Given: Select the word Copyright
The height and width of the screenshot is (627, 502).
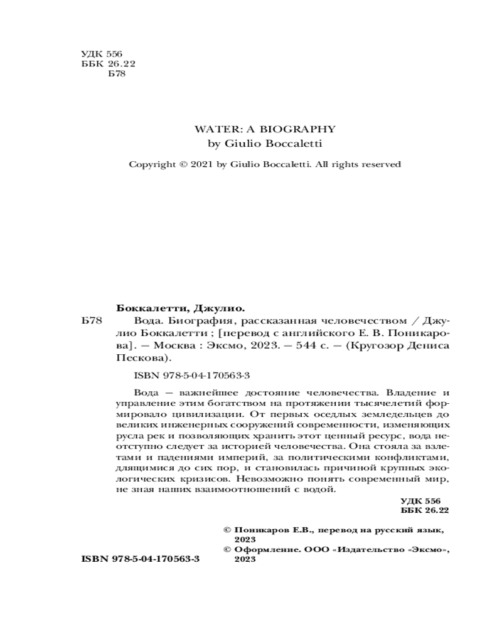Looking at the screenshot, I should (x=151, y=164).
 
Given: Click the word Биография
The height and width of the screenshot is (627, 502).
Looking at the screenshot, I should (x=174, y=321).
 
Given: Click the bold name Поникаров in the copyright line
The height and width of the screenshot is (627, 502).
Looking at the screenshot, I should (x=267, y=530).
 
